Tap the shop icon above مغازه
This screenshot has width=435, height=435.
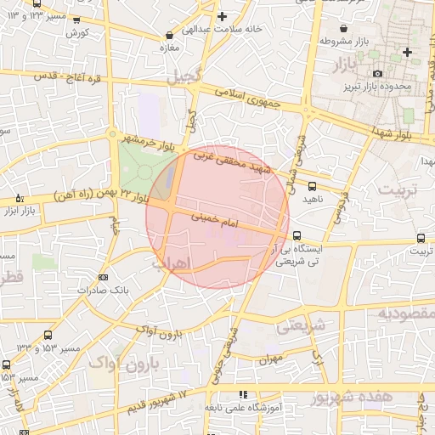[171, 36]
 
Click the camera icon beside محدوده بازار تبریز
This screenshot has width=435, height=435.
[376, 72]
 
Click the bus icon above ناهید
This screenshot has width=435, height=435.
[312, 185]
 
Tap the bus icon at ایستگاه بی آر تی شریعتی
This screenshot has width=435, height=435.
[297, 236]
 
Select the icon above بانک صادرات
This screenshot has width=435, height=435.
[104, 277]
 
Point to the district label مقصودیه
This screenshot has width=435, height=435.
[401, 313]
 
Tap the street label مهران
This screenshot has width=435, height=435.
[271, 360]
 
